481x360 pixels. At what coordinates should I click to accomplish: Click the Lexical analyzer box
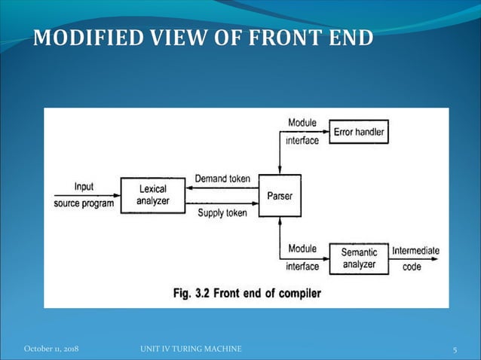click(x=152, y=196)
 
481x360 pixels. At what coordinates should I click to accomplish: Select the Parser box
click(x=279, y=196)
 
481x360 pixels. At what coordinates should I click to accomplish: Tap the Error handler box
click(x=359, y=133)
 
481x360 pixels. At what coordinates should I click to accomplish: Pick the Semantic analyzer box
click(x=359, y=258)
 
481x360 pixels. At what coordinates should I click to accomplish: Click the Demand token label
click(x=224, y=178)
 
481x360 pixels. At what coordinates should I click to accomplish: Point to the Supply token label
click(x=222, y=213)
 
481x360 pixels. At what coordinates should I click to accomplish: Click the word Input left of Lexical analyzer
click(x=84, y=187)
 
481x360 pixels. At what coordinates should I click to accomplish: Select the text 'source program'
click(x=84, y=203)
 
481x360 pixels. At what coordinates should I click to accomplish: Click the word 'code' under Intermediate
click(x=411, y=266)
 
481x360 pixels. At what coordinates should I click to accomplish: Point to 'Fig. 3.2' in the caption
click(x=191, y=293)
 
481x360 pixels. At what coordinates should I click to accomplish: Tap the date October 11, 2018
click(x=51, y=349)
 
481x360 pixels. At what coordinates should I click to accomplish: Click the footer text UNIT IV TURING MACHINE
click(x=191, y=349)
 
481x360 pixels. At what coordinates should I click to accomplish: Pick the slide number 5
click(x=455, y=349)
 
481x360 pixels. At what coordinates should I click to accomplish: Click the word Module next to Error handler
click(x=302, y=123)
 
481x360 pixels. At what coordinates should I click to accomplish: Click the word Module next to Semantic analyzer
click(x=302, y=249)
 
